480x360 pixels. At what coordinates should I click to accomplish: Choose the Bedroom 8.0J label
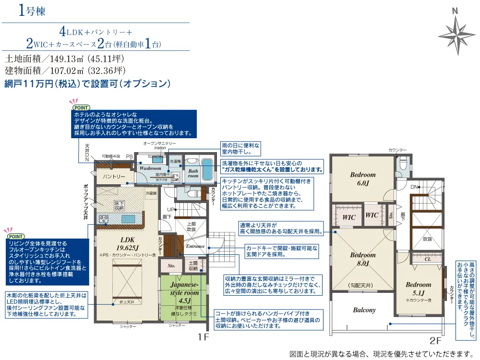click(362, 259)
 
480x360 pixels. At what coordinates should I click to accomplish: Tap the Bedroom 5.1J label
click(418, 288)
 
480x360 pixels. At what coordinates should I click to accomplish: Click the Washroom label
click(150, 169)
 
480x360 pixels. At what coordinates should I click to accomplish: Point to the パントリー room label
click(114, 177)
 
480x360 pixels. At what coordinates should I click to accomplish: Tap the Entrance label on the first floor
click(195, 246)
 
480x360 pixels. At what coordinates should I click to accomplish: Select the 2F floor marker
click(435, 341)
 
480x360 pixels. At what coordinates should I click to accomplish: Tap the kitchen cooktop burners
click(104, 220)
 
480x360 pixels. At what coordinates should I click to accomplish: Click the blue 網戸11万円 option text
click(87, 84)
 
